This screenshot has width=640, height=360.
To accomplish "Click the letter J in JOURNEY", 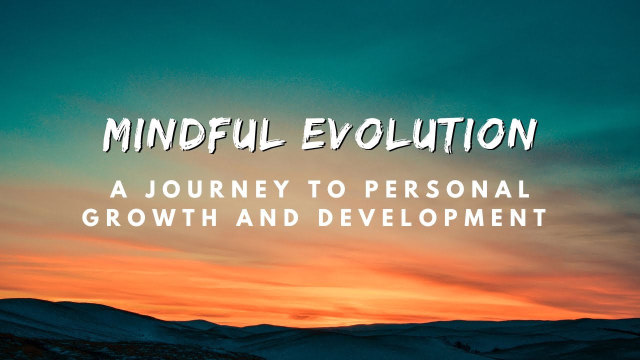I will [148, 189].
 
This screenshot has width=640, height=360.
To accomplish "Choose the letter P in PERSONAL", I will [370, 189].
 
